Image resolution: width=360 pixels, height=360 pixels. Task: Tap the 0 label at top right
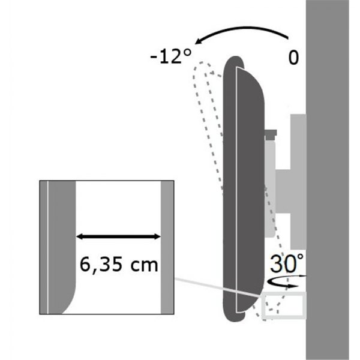coord(293,58)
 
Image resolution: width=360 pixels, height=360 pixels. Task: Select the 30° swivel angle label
coord(286,265)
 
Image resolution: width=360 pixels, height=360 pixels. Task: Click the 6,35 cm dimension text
coord(118,264)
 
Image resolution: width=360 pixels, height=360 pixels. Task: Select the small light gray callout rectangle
coord(285,304)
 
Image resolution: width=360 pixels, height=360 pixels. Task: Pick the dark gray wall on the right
coord(332,180)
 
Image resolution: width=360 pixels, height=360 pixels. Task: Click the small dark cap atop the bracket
coord(271,131)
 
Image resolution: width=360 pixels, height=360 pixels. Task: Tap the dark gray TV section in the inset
coord(60,240)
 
